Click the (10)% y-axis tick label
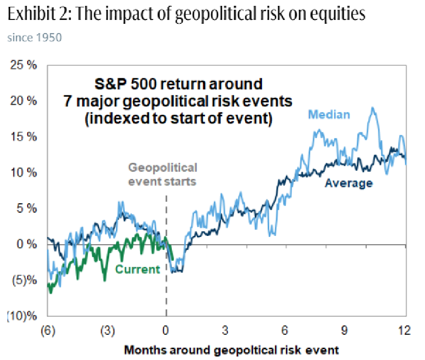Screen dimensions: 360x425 [22, 316]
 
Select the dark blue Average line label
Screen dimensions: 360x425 [349, 183]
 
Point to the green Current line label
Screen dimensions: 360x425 [137, 269]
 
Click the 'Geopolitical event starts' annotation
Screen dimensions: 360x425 [162, 174]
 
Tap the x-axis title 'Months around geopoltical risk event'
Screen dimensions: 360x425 [231, 349]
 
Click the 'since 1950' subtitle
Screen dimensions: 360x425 [34, 37]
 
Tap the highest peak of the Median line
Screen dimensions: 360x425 [373, 108]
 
